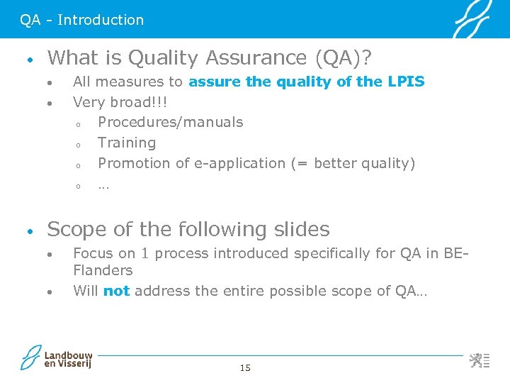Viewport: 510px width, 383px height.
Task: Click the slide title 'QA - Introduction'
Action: pos(81,20)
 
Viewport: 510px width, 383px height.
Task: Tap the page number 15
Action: pos(245,367)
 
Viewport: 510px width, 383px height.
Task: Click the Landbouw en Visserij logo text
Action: pos(68,359)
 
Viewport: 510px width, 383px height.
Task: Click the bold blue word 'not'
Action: pos(116,291)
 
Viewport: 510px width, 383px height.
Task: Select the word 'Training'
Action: pos(127,143)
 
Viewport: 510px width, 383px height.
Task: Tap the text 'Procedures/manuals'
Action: pos(170,122)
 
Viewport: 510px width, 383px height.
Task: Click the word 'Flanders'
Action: pos(103,270)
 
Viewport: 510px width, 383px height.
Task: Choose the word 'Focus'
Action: pos(93,253)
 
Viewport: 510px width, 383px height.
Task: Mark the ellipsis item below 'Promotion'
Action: pos(103,186)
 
